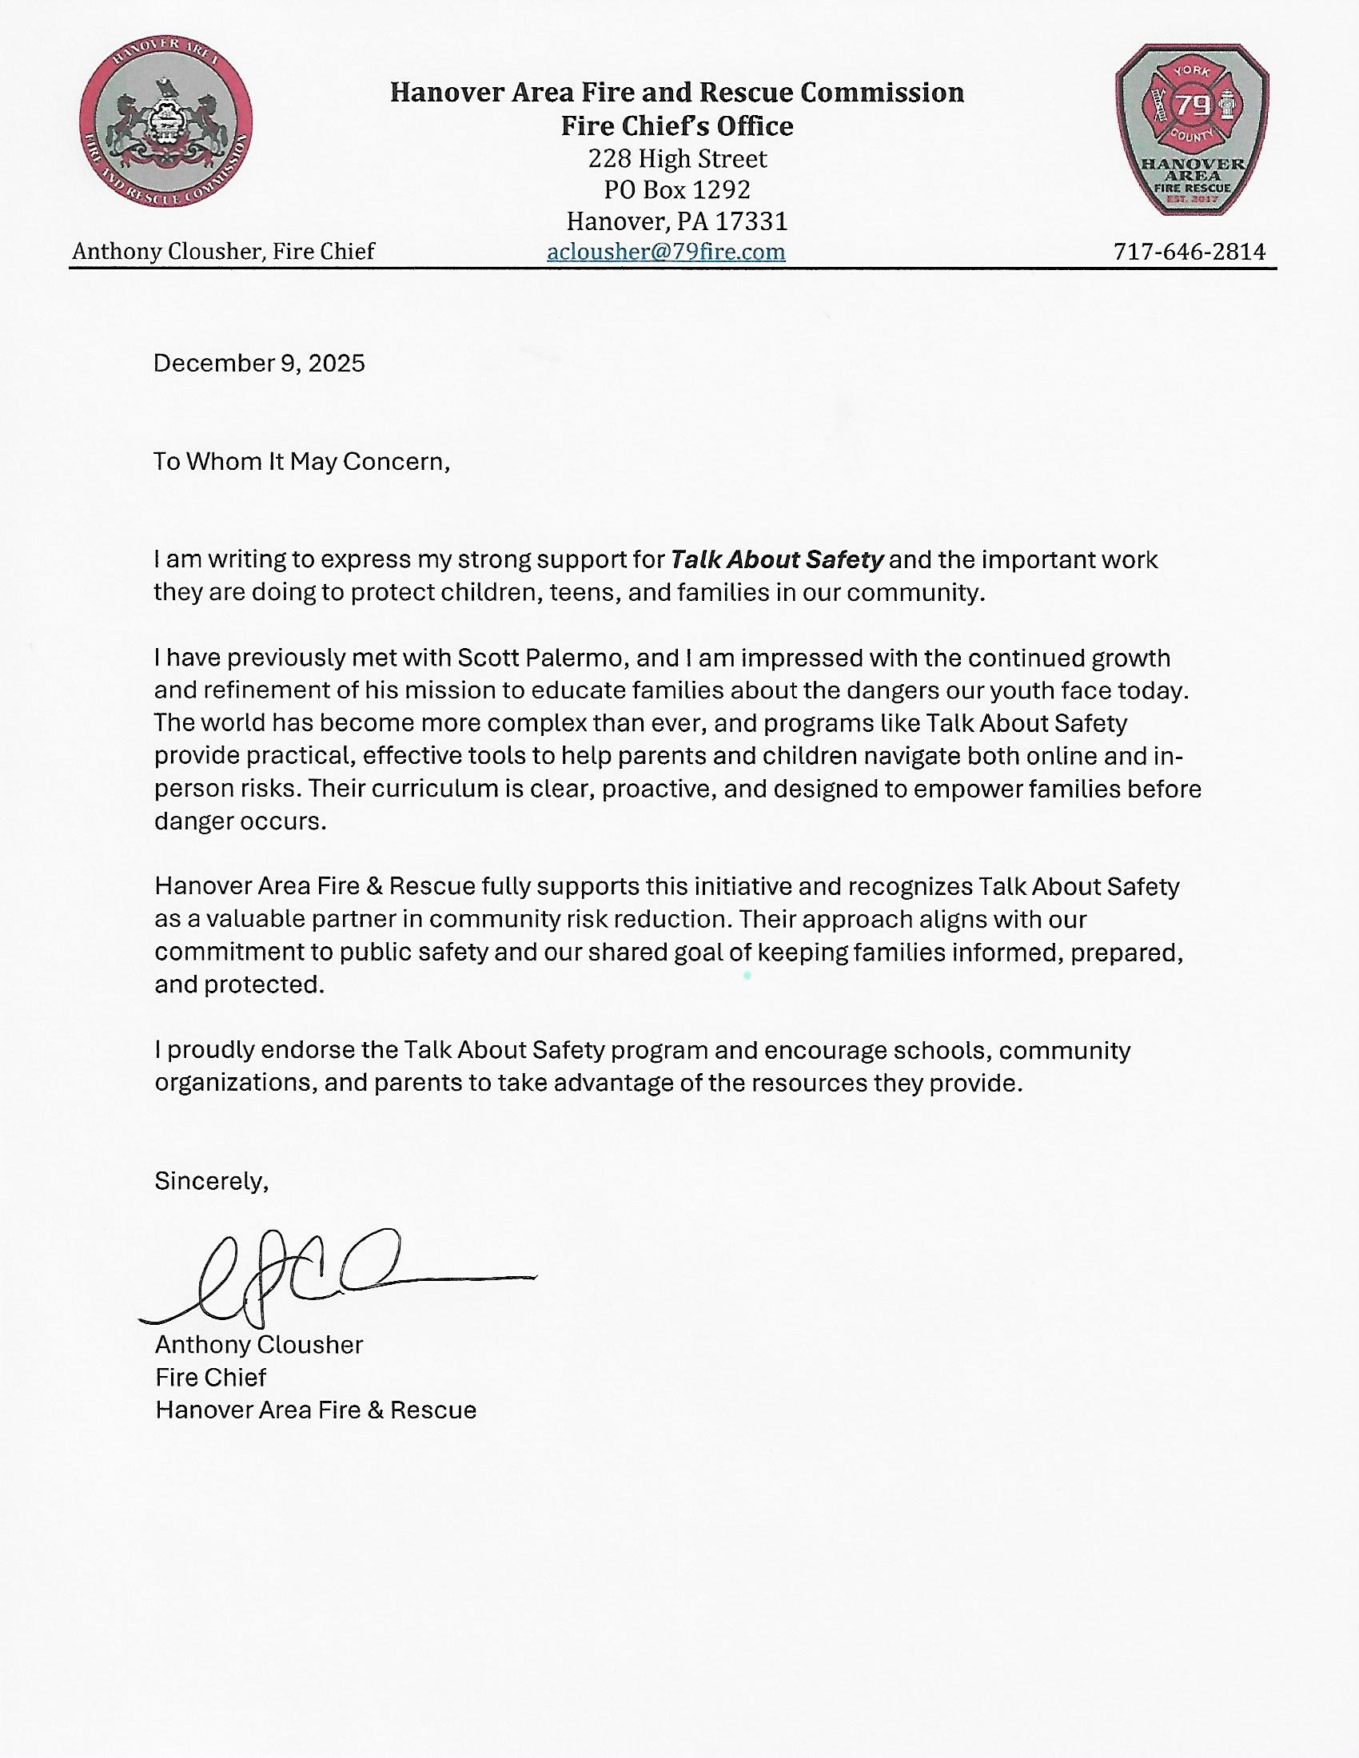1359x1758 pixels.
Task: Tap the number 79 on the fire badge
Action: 1193,105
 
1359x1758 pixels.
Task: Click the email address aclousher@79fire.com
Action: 666,252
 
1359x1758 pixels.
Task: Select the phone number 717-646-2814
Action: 1190,252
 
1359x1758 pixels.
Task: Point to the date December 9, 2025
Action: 259,363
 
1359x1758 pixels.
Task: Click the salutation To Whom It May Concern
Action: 301,461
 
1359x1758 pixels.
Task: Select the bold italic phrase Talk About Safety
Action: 777,559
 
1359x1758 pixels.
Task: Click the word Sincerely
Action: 211,1181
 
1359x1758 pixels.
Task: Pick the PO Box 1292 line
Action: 677,189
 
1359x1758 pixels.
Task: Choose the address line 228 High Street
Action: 677,158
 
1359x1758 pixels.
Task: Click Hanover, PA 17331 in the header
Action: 677,221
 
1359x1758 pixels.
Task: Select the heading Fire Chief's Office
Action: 677,125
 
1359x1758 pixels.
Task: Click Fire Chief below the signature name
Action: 211,1378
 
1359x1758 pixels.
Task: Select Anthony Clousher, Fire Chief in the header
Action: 223,252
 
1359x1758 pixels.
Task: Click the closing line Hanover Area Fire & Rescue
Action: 316,1410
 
